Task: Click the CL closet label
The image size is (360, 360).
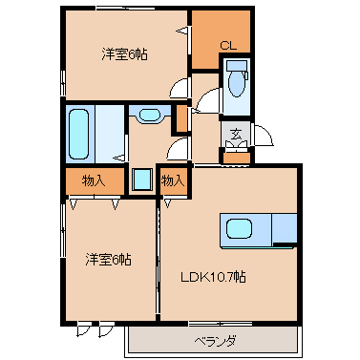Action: (228, 46)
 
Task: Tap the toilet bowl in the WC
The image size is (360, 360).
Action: (237, 84)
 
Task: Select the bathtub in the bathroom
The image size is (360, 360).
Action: (78, 134)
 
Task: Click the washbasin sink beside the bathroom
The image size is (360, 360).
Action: (150, 115)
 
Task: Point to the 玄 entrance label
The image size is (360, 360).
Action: (236, 134)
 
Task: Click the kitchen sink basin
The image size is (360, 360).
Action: (239, 228)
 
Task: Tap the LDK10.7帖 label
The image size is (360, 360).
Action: (213, 277)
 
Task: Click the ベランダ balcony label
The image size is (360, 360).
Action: (216, 342)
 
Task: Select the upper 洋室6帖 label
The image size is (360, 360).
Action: (124, 54)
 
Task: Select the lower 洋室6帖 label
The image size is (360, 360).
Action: (108, 260)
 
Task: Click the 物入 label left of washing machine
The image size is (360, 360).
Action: (94, 181)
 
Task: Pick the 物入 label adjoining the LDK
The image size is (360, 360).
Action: (173, 180)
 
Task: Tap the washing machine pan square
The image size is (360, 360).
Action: (142, 180)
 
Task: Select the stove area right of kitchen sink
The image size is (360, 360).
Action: (285, 228)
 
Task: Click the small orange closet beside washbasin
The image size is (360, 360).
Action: (181, 118)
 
